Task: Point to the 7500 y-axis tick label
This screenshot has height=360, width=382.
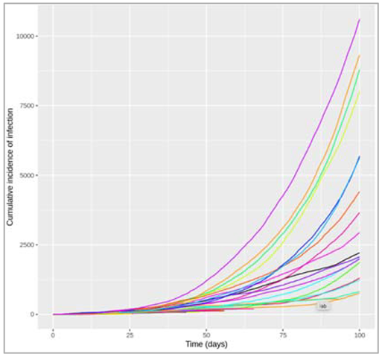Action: (x=31, y=105)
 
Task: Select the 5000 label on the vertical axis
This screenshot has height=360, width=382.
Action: (x=31, y=175)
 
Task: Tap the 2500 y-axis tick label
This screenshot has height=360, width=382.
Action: (x=31, y=244)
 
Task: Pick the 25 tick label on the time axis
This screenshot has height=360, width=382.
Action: (x=130, y=333)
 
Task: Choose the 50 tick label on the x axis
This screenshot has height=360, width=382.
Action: (x=206, y=333)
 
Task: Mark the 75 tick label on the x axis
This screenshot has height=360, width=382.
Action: (x=283, y=333)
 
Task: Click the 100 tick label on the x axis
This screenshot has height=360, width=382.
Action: (x=360, y=333)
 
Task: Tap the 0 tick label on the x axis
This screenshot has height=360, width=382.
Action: (x=53, y=333)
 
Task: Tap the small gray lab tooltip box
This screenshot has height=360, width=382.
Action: (x=323, y=306)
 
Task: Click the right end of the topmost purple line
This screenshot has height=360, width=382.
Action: (x=360, y=19)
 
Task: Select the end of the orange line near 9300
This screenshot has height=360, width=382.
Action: (x=360, y=56)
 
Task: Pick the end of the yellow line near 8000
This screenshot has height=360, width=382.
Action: (x=360, y=92)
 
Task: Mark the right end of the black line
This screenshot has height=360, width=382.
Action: (x=360, y=253)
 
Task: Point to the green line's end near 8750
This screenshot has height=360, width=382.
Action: (x=360, y=71)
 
